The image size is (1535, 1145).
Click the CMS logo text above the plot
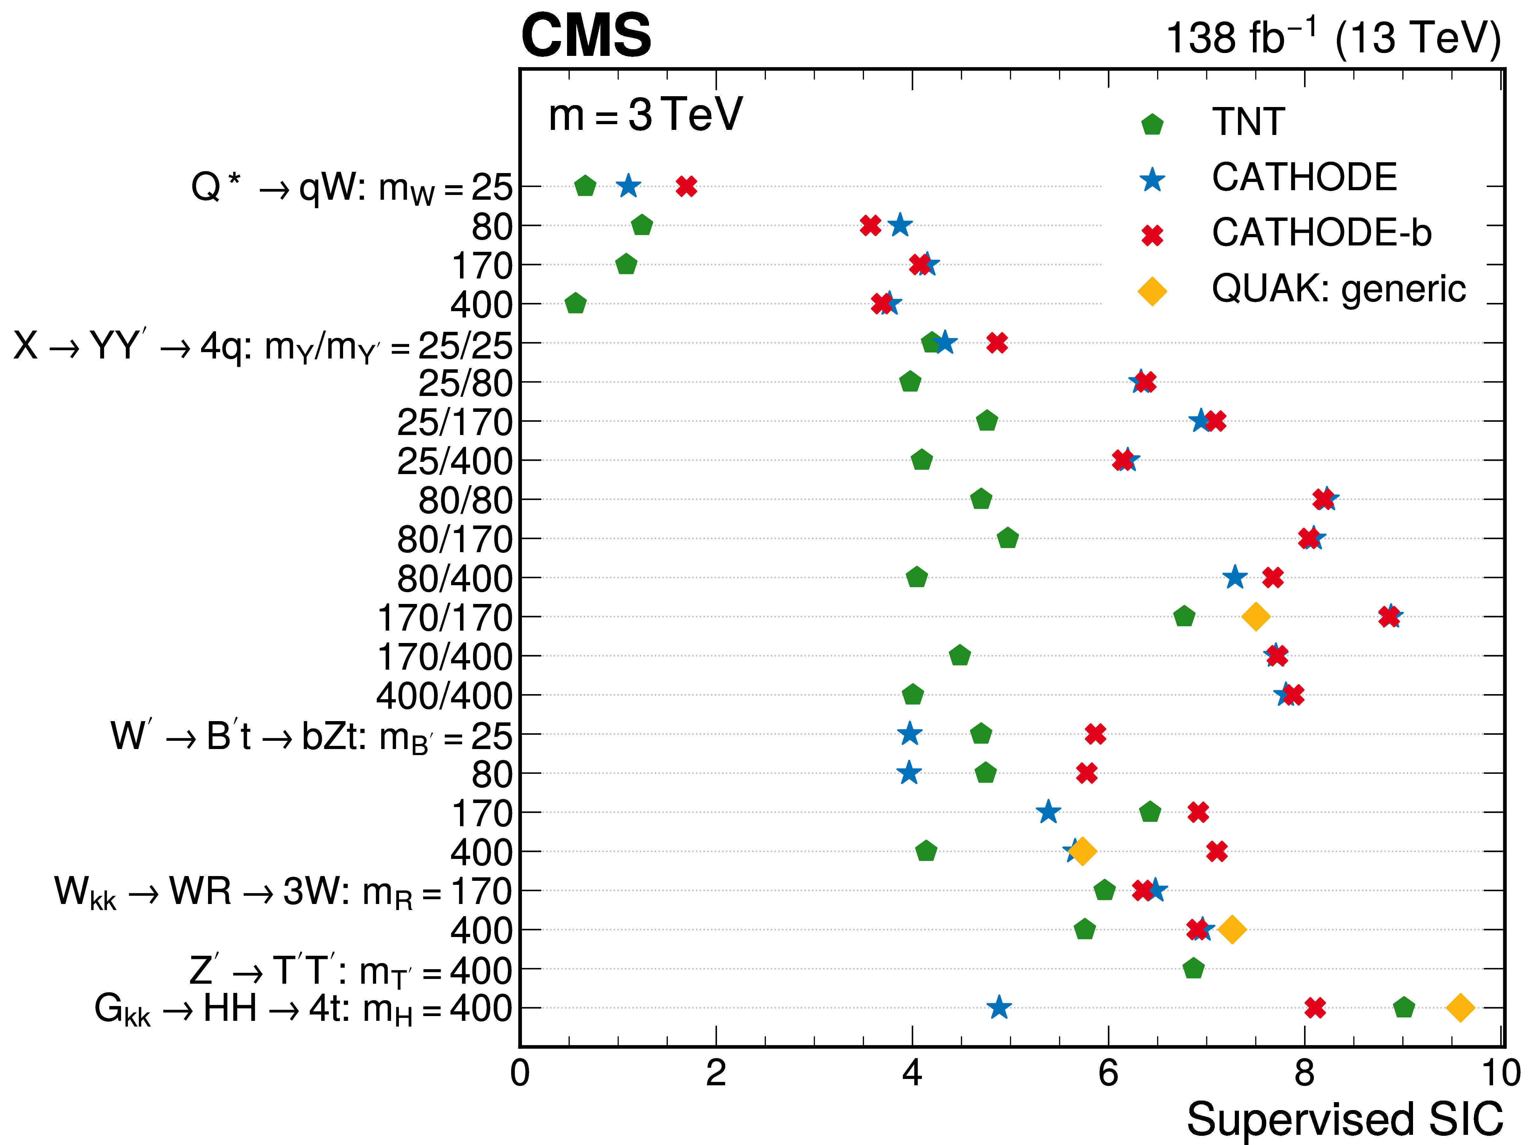(586, 36)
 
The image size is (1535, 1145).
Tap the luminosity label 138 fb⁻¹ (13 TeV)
(1333, 38)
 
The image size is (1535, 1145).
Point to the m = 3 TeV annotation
(645, 115)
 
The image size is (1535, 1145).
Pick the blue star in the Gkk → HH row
(998, 1008)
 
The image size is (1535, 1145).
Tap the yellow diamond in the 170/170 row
(1255, 616)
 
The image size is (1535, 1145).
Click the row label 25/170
(454, 422)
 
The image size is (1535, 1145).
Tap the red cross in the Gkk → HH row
(1315, 1008)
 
